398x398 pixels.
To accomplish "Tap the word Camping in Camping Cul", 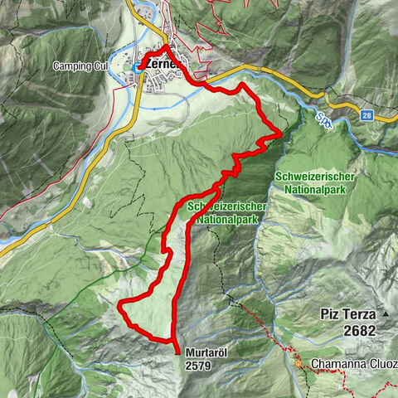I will (74, 66).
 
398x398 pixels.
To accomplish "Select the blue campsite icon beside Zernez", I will (137, 66).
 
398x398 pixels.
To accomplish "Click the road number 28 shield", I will (366, 117).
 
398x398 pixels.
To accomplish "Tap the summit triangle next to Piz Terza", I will (386, 314).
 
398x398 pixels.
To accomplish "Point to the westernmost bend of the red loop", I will (120, 306).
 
